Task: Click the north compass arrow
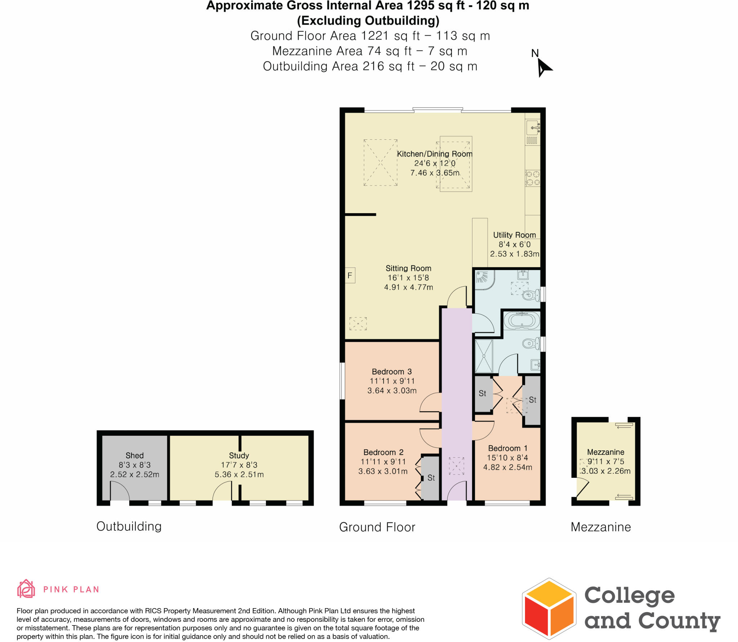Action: pos(543,68)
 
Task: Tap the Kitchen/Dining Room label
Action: pos(434,154)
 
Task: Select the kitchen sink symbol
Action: pos(533,128)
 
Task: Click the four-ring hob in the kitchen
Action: pos(533,178)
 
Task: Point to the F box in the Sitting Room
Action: pos(350,275)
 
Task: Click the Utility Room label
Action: pos(514,235)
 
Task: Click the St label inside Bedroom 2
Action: pos(431,478)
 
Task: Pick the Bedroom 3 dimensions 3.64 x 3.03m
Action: pos(392,390)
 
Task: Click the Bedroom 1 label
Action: pos(507,448)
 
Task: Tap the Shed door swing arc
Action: pos(120,490)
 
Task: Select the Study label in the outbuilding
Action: pos(239,455)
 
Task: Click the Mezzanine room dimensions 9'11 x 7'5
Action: pos(606,461)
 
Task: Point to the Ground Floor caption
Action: pos(377,527)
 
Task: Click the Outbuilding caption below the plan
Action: pos(129,526)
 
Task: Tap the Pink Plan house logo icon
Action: pos(26,589)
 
